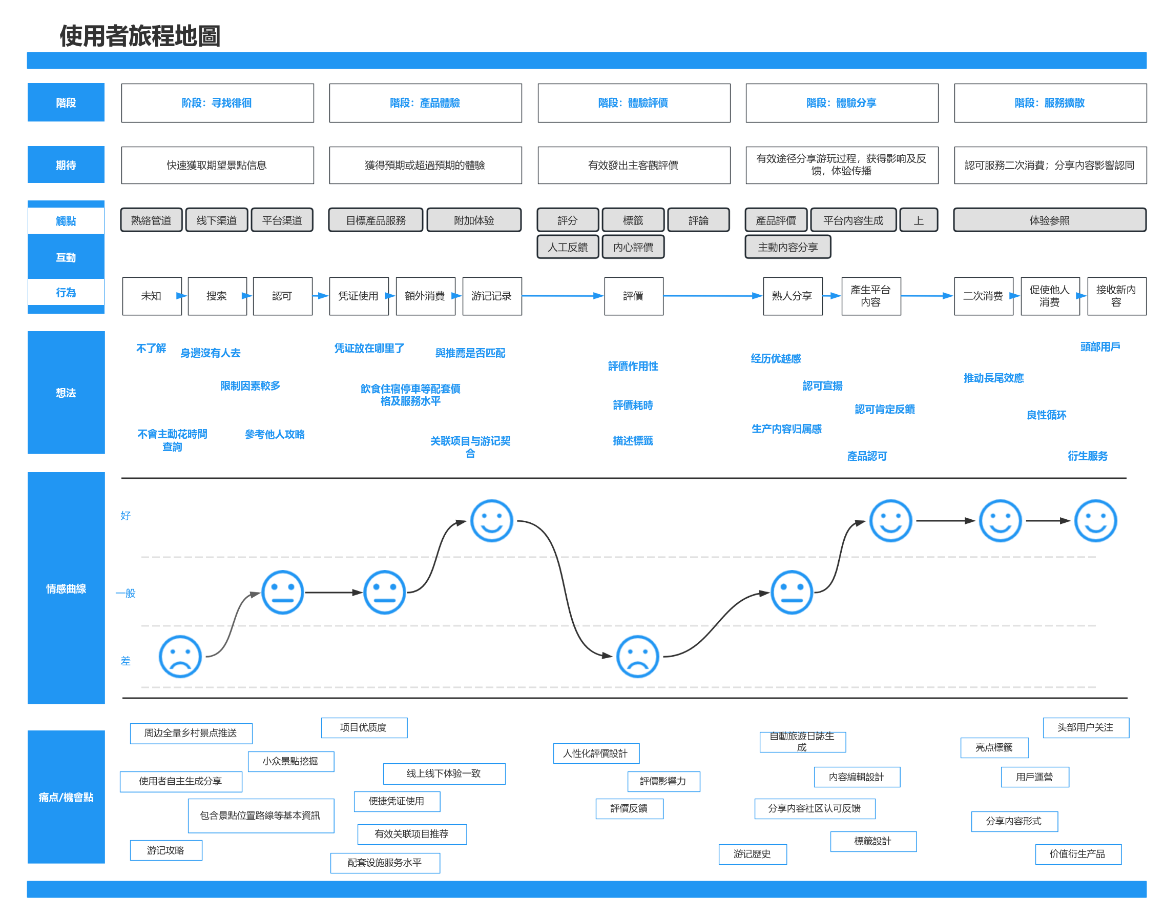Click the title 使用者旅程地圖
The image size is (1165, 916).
139,36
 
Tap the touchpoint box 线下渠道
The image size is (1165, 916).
217,220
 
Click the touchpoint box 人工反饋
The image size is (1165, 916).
568,247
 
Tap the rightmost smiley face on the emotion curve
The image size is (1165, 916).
1095,520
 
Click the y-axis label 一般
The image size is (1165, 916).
126,593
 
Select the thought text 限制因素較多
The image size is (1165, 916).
250,385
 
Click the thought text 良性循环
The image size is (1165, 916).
1046,415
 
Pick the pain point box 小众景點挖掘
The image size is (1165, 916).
291,761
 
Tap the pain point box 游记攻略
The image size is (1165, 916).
166,850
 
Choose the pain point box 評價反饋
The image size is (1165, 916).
629,808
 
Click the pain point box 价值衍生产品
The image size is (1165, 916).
1078,854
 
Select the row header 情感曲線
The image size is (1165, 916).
66,588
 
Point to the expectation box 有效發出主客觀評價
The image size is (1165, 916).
633,165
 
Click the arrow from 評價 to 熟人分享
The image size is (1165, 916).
713,295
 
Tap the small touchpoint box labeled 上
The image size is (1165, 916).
919,220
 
